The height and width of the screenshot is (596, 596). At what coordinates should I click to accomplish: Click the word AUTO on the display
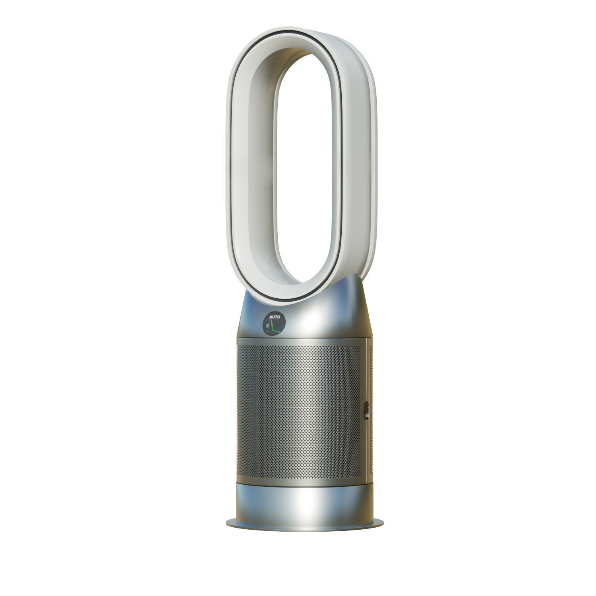pos(275,317)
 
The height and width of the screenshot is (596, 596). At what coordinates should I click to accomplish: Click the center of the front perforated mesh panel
pos(299,411)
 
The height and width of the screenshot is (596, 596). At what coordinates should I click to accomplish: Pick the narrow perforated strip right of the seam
pos(371,409)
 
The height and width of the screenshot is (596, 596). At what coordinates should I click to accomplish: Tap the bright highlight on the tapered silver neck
pos(314,314)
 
